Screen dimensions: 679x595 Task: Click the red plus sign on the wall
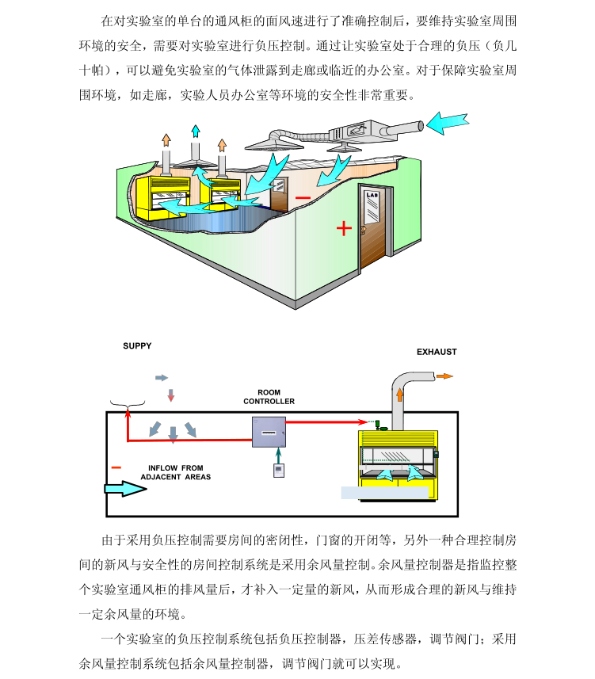pyautogui.click(x=344, y=228)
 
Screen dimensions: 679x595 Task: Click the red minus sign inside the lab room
pyautogui.click(x=303, y=197)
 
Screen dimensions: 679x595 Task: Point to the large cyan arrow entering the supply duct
pyautogui.click(x=452, y=121)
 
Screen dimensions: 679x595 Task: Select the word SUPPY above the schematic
pyautogui.click(x=137, y=346)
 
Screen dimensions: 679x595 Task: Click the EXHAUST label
pyautogui.click(x=437, y=352)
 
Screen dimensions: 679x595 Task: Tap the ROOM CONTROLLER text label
pyautogui.click(x=269, y=397)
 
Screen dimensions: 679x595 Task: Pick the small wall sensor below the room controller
pyautogui.click(x=278, y=470)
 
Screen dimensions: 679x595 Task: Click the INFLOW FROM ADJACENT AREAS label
pyautogui.click(x=176, y=473)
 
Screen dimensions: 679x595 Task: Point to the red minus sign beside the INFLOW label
pyautogui.click(x=116, y=467)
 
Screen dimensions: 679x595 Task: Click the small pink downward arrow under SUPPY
pyautogui.click(x=170, y=395)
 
